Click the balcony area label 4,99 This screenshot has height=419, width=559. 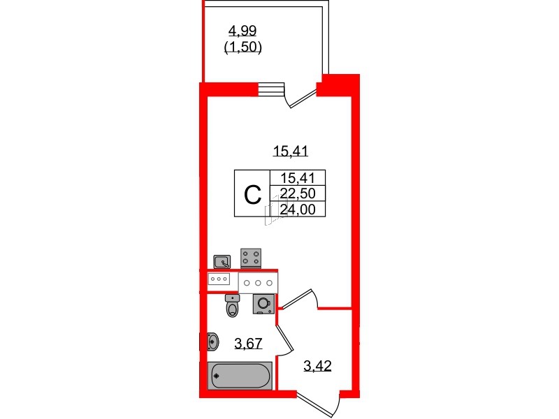pos(241,30)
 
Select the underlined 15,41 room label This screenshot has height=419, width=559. pos(291,149)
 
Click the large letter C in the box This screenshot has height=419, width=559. pos(252,193)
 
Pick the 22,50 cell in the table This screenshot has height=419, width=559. pos(297,193)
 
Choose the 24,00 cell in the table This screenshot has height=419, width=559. pos(297,208)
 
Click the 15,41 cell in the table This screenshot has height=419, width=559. pos(297,179)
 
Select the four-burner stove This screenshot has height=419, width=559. pos(251,258)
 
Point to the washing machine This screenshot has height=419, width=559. pos(263,304)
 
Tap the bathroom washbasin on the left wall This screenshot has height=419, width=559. pos(213,341)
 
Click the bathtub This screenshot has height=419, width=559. pos(239,376)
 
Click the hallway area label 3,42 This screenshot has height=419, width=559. pos(317,365)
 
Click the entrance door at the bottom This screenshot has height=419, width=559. pos(318,405)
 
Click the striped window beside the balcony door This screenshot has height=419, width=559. pos(273,89)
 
